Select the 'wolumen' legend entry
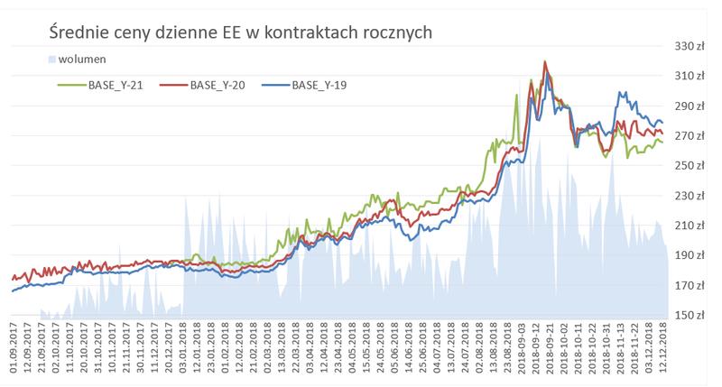coord(79,60)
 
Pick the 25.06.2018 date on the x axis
coord(423,352)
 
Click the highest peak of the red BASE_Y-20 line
coord(545,62)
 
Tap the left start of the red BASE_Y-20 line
coord(12,280)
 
